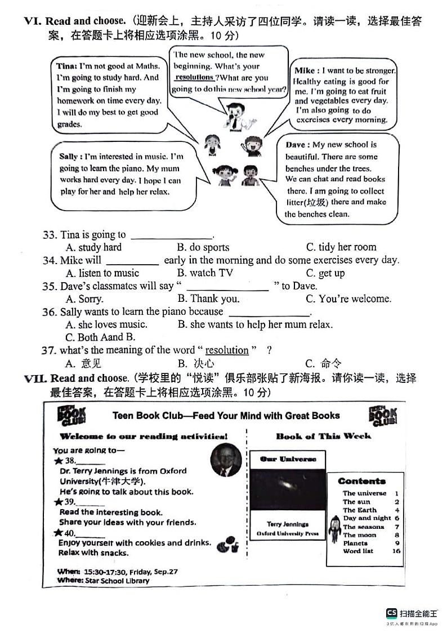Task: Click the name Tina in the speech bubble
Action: pyautogui.click(x=66, y=66)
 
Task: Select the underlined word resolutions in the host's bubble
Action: pyautogui.click(x=194, y=77)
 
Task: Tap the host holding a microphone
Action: pyautogui.click(x=231, y=113)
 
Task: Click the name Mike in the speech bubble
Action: pyautogui.click(x=304, y=70)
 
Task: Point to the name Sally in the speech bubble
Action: pyautogui.click(x=70, y=156)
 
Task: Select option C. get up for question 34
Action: pyautogui.click(x=325, y=273)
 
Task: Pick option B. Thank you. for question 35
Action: pyautogui.click(x=208, y=298)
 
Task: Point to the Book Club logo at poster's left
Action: pyautogui.click(x=71, y=416)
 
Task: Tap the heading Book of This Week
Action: pyautogui.click(x=323, y=436)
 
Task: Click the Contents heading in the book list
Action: pyautogui.click(x=361, y=481)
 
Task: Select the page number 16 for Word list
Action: pyautogui.click(x=396, y=551)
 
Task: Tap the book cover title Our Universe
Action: pyautogui.click(x=288, y=459)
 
